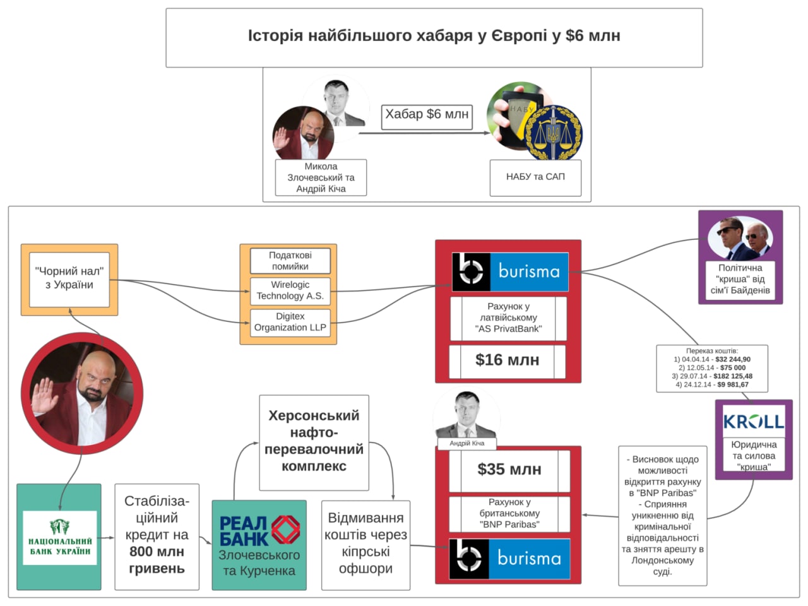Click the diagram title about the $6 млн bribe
click(x=434, y=36)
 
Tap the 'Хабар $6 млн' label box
click(x=427, y=116)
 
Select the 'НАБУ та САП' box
click(x=535, y=177)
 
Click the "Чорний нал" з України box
click(x=69, y=278)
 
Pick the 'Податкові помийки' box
click(x=290, y=261)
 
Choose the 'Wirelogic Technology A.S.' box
click(x=290, y=290)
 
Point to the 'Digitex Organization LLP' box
click(x=290, y=322)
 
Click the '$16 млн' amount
click(x=507, y=360)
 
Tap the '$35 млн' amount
click(x=509, y=470)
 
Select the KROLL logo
click(x=753, y=421)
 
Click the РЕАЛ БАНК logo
click(x=259, y=530)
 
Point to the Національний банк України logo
click(x=59, y=537)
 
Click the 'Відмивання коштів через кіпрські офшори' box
click(x=365, y=544)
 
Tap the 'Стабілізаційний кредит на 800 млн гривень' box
click(x=157, y=535)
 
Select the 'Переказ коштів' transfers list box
click(x=711, y=368)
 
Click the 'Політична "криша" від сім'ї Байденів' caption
click(x=740, y=280)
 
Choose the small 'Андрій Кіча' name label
click(x=466, y=443)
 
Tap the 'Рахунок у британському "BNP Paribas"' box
click(x=509, y=513)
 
